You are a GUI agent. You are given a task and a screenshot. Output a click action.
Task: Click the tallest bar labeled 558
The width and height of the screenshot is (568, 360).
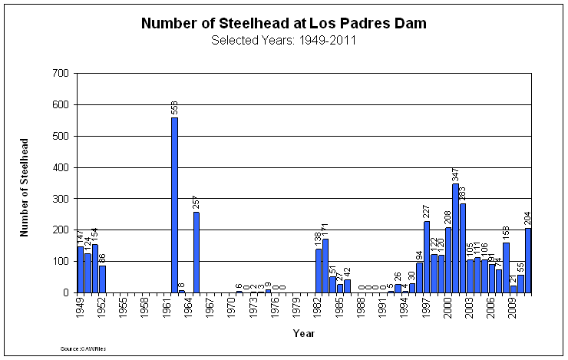(x=174, y=205)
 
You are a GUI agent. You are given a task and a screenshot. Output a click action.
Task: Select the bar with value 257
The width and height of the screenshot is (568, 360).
(x=196, y=252)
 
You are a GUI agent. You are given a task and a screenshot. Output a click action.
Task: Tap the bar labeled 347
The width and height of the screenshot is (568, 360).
(x=455, y=238)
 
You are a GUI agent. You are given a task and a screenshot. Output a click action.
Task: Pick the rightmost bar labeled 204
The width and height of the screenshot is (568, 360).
(x=527, y=260)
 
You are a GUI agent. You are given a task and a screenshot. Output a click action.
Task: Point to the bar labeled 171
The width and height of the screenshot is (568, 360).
(x=325, y=266)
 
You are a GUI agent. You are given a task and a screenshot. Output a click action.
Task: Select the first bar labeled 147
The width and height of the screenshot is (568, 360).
(x=81, y=269)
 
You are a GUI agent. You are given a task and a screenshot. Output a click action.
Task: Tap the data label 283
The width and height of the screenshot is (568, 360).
(x=463, y=193)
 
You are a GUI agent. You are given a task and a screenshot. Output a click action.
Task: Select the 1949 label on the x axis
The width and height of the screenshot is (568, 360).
(x=81, y=307)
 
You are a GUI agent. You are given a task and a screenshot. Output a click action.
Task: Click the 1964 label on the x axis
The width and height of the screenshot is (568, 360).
(x=189, y=307)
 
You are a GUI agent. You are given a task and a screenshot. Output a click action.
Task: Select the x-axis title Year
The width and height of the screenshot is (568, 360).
(x=303, y=333)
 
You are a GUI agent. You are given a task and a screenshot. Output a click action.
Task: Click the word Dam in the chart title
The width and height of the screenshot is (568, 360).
(x=411, y=24)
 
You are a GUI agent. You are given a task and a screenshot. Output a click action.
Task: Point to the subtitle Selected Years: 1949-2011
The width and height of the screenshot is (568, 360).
(x=283, y=40)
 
